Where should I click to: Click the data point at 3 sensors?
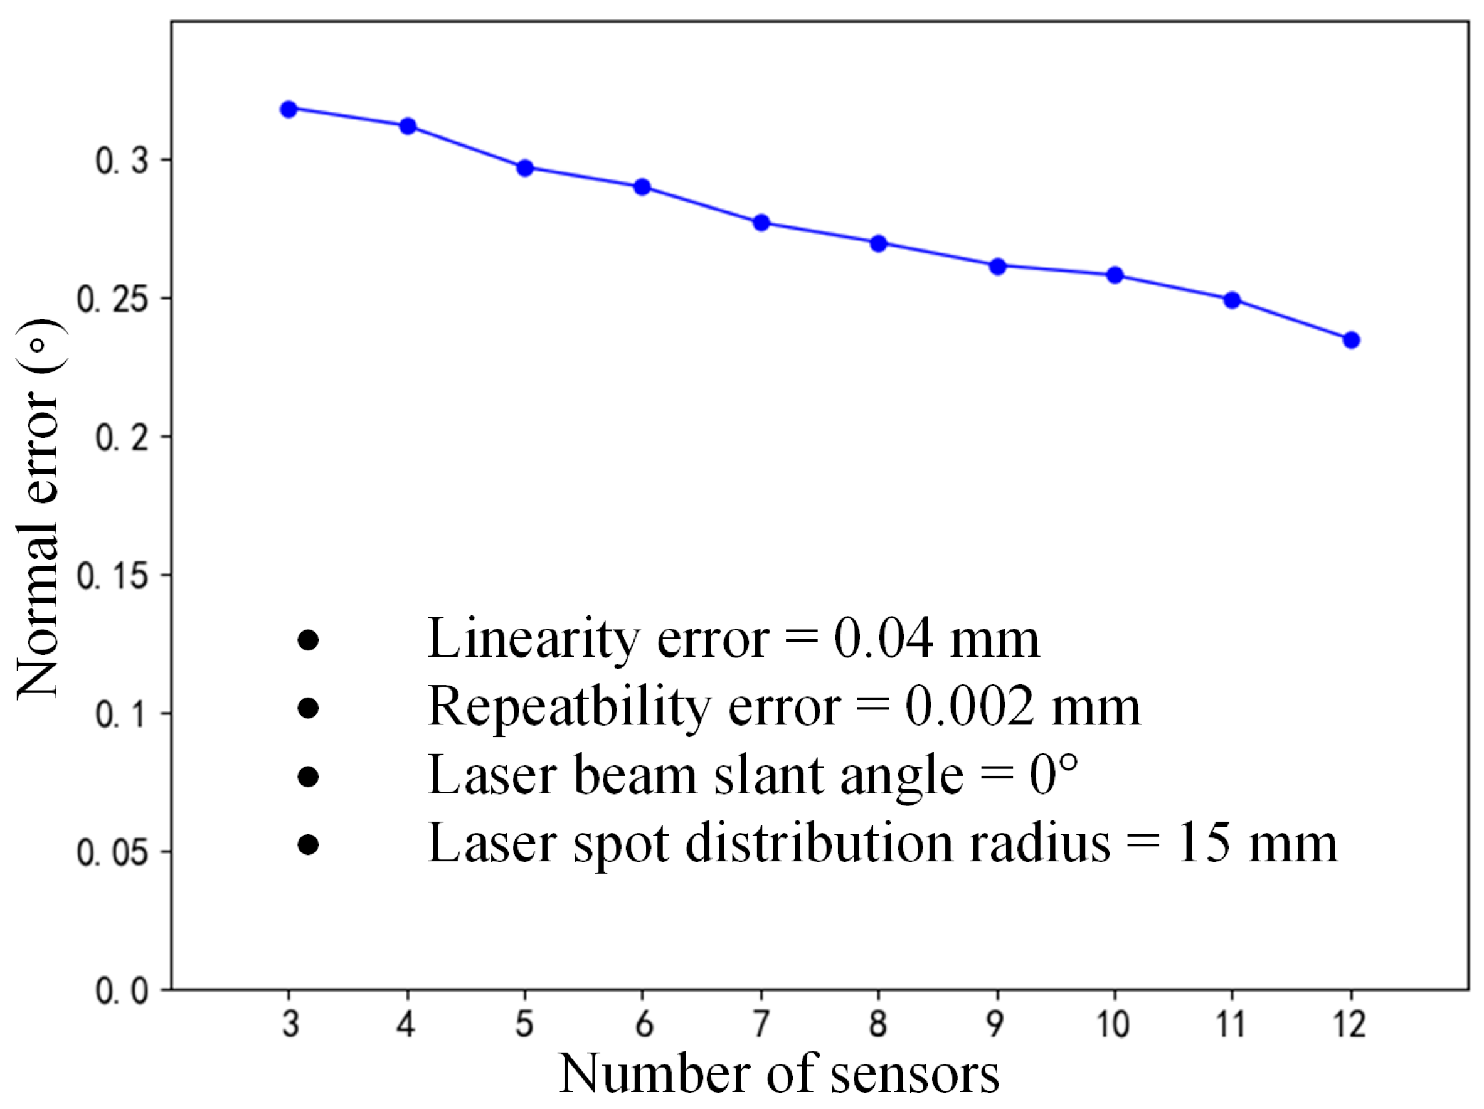coord(289,109)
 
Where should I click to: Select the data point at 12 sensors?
coord(1351,340)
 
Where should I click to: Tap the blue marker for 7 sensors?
coord(761,223)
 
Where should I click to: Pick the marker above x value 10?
coord(1115,275)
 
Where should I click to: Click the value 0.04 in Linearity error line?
coord(883,638)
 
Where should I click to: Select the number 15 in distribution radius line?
coord(1203,844)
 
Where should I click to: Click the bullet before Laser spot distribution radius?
coord(308,845)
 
